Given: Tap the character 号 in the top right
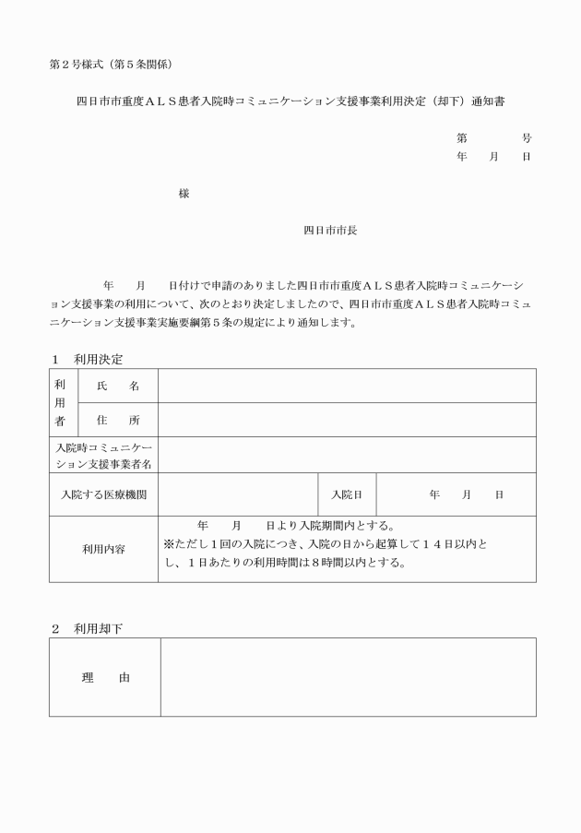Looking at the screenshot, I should click(526, 138).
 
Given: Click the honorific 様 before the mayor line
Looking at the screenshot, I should click(184, 194).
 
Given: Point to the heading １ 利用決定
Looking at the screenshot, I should click(87, 359).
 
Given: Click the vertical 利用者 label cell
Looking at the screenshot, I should click(60, 403).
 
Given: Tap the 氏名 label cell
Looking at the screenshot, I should click(117, 387).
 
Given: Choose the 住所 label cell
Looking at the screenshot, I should click(117, 420).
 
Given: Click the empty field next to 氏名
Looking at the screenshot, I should click(347, 387).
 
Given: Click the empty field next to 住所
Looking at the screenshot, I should click(347, 420).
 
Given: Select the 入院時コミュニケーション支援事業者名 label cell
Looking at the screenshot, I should click(104, 455).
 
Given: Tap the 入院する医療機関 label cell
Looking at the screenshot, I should click(104, 495).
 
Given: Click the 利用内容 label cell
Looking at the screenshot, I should click(104, 549).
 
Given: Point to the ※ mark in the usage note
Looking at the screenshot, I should click(169, 543).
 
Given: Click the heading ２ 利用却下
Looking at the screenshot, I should click(87, 628).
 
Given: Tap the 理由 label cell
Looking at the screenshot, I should click(105, 678).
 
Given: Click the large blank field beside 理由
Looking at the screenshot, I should click(349, 678).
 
